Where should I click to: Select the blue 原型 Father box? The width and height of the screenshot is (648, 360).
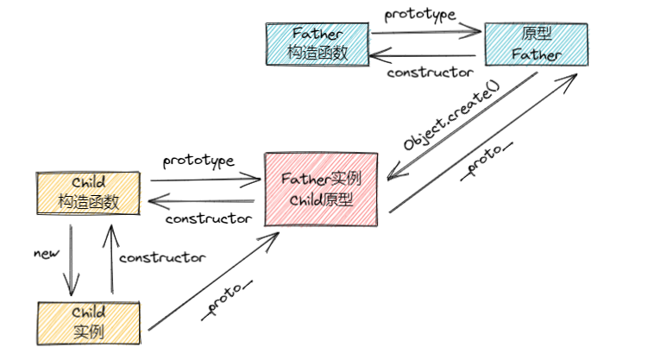click(537, 43)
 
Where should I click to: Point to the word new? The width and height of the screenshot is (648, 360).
click(45, 254)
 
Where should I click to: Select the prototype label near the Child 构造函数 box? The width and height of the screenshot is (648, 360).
click(198, 161)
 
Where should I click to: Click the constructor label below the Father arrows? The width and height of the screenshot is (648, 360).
click(430, 72)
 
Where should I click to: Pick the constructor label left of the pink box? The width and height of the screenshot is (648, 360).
click(208, 218)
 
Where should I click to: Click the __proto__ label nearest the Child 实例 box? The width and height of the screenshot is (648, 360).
click(227, 299)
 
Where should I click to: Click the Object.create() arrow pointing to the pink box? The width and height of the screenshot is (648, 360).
click(462, 127)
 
